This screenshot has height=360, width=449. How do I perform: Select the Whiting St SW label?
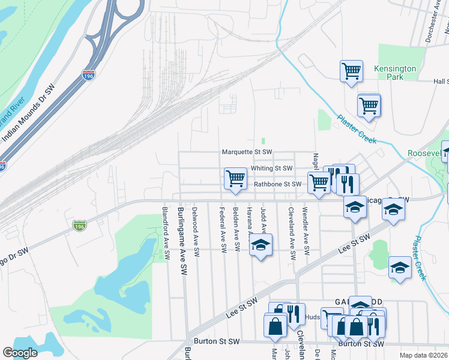271,169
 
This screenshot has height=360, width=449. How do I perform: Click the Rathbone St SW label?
276,184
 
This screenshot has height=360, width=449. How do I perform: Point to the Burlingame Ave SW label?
181,241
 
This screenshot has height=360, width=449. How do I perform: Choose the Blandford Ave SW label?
166,233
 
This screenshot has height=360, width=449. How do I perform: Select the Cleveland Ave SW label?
291,233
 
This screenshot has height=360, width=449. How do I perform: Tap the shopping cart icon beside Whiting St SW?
236,178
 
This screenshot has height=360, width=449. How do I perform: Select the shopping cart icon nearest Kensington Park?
351,71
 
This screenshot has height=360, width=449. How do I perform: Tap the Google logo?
20,353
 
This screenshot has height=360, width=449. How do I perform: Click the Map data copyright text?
424,355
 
